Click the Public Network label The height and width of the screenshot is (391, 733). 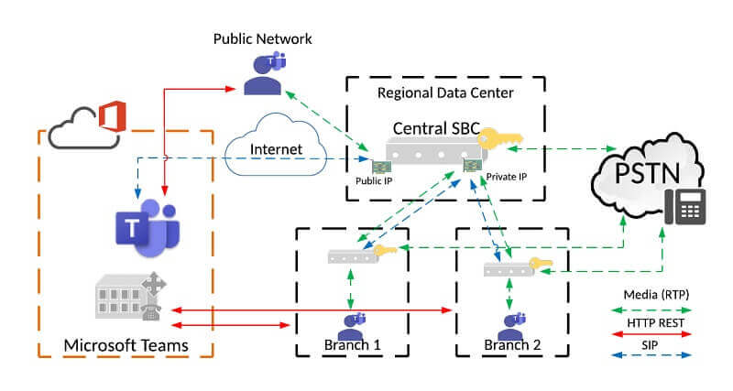[x=263, y=38]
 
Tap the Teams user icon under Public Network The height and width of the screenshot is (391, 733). [x=265, y=74]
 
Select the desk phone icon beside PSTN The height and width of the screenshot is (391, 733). [x=689, y=206]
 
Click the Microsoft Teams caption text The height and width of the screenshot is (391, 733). [x=126, y=345]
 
